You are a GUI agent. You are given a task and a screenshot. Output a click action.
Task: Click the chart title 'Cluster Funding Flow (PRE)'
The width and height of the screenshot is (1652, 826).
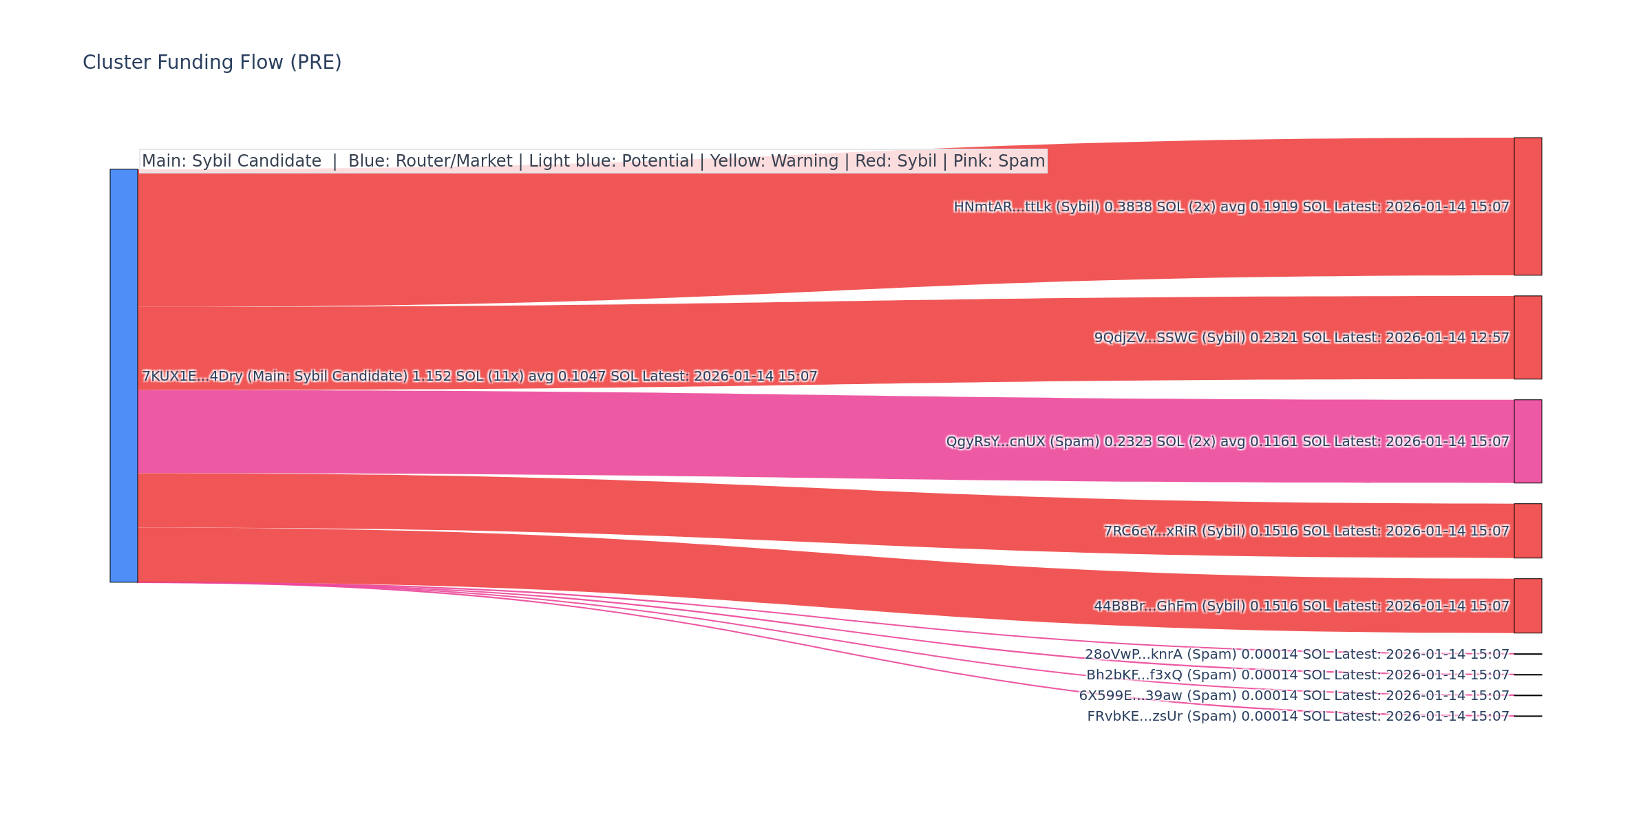212,63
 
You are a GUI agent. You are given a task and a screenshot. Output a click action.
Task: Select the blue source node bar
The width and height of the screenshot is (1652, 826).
124,376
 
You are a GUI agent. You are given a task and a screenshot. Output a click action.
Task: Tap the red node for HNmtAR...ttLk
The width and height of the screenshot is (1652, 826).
1527,206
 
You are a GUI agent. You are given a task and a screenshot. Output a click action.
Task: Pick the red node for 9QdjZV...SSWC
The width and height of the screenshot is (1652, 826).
1527,337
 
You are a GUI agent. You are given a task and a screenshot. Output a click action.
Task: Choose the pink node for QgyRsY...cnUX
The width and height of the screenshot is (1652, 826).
1527,441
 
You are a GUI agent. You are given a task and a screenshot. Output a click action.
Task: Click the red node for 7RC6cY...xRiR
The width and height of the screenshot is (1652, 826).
1527,531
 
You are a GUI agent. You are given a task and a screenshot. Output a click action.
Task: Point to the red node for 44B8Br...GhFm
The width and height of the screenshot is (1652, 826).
1527,606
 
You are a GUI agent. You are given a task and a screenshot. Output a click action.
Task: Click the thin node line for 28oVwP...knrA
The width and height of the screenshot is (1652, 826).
1527,654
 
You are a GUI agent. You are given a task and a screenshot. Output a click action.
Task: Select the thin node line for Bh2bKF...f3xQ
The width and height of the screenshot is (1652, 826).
1527,675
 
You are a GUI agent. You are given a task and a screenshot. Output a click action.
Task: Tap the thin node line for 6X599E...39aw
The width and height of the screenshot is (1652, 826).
1527,695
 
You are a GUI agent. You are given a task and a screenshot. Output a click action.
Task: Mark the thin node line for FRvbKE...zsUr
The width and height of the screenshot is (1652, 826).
1527,716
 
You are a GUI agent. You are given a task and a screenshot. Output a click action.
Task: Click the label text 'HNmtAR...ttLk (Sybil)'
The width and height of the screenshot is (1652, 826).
1026,207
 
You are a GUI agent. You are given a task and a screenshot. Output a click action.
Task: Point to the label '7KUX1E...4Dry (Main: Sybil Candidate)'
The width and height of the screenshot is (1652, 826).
275,377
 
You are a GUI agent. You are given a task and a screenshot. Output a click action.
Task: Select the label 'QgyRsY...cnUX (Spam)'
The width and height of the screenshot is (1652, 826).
1022,442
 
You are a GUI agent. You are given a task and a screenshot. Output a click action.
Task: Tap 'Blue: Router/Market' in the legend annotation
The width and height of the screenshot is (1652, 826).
430,161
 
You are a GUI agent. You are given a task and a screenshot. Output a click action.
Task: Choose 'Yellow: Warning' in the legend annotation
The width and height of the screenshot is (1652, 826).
774,161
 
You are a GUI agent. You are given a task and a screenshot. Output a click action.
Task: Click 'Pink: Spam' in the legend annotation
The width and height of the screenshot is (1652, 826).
999,161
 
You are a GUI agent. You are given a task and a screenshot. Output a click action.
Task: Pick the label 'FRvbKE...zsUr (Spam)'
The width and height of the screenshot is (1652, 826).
1161,717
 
